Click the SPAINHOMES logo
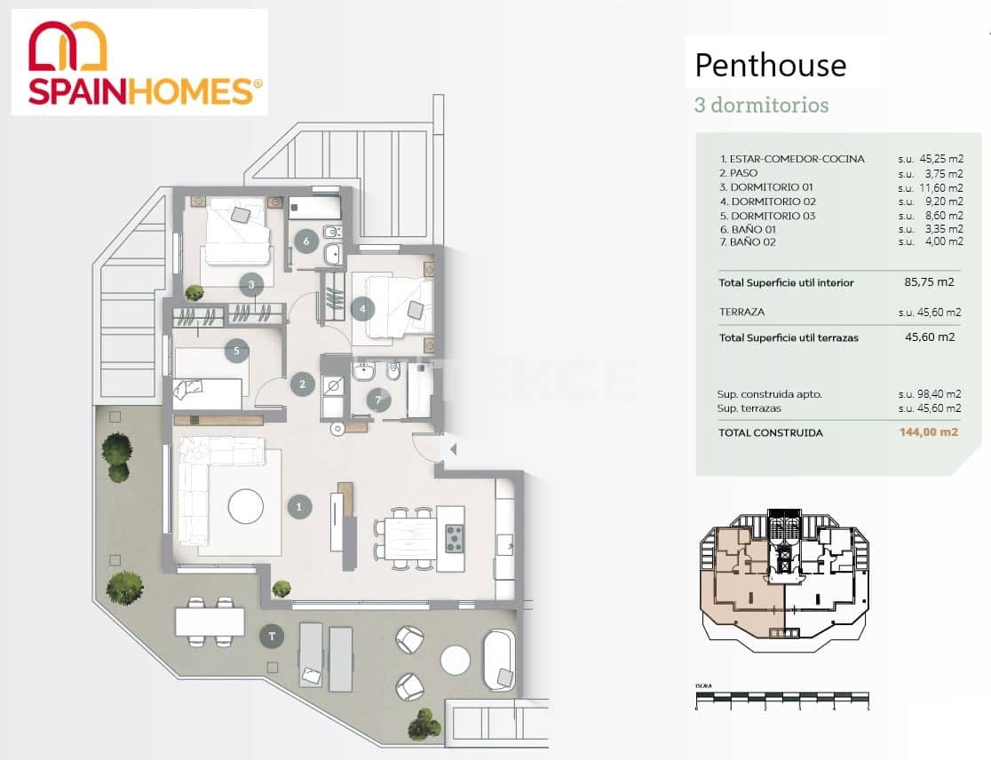coord(139,62)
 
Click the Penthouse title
coord(770,65)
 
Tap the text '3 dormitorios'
coord(761,105)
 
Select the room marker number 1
coord(299,507)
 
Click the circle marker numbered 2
coord(303,384)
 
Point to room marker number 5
coord(235,351)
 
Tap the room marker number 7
coord(379,400)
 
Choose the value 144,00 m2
coord(924,433)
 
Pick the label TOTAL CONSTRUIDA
coord(771,433)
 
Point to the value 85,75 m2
coord(929,283)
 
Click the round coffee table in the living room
coord(246,507)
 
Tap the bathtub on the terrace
coord(498,660)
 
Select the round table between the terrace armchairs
coord(455,660)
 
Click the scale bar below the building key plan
coord(781,701)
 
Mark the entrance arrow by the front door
coord(452,449)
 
